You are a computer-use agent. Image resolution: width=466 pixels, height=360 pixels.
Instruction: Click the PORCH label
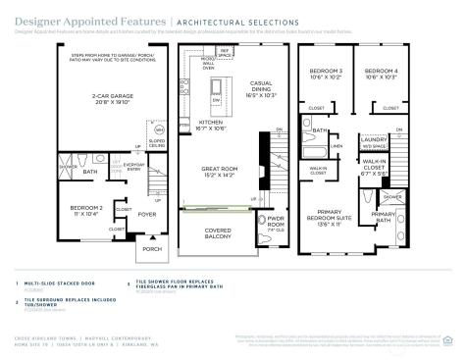(151, 248)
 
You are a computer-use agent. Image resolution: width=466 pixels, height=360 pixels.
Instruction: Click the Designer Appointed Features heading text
(89, 21)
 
